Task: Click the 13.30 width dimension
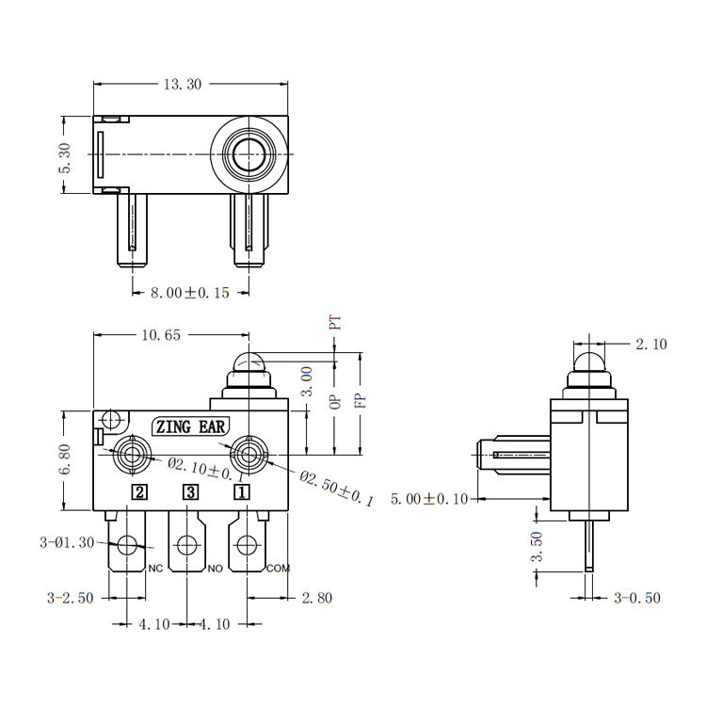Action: click(x=183, y=84)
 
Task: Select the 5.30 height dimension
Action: click(x=65, y=157)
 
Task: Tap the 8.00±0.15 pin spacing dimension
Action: click(x=189, y=293)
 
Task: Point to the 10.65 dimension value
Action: click(x=161, y=335)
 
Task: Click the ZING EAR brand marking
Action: click(x=190, y=426)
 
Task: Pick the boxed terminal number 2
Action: click(x=139, y=492)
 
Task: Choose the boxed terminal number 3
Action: click(x=190, y=492)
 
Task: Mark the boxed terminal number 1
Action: click(x=241, y=492)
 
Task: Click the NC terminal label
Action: click(x=155, y=569)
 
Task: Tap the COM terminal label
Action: click(x=279, y=569)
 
